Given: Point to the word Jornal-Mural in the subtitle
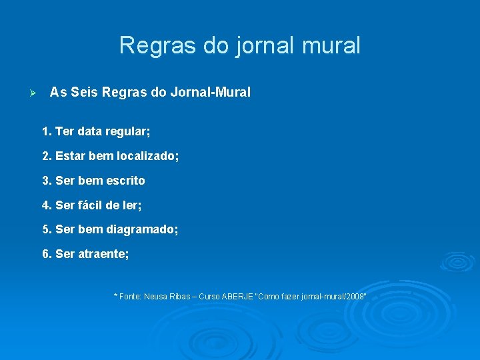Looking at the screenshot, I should tap(210, 92).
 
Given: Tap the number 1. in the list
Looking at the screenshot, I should tap(47, 131).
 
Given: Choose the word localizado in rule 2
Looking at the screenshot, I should tap(148, 156).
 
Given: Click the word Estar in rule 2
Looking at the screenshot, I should tap(69, 156).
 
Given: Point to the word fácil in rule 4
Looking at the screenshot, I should tap(92, 205).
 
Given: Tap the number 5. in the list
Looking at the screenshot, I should tap(47, 229).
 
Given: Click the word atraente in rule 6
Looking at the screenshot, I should tap(101, 254).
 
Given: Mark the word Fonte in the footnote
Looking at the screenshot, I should tap(130, 296).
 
